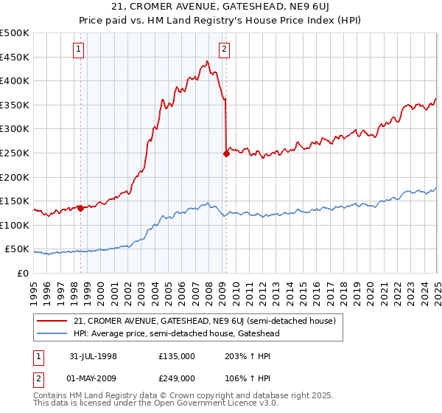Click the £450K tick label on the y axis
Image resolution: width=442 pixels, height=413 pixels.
click(15, 57)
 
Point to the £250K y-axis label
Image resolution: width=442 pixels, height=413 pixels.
click(15, 153)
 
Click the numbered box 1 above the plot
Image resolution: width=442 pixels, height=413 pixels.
click(79, 50)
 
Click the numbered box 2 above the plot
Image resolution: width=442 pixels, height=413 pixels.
click(223, 50)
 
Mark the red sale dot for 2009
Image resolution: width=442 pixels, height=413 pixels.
click(226, 154)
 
